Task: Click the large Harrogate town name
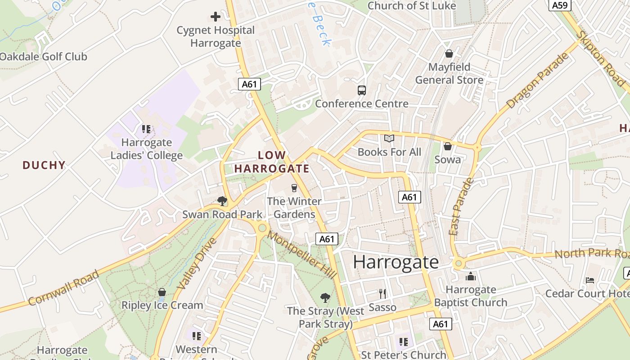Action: pyautogui.click(x=396, y=262)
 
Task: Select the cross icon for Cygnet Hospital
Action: pyautogui.click(x=216, y=17)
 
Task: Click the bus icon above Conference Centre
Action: pyautogui.click(x=361, y=90)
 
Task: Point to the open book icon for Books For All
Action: pyautogui.click(x=389, y=139)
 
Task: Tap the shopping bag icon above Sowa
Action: pyautogui.click(x=447, y=146)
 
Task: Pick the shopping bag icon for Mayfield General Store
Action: pyautogui.click(x=449, y=54)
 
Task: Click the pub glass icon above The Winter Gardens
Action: pyautogui.click(x=294, y=188)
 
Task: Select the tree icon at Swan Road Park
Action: pyautogui.click(x=222, y=201)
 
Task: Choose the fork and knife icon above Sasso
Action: pyautogui.click(x=382, y=294)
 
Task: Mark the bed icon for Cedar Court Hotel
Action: pyautogui.click(x=590, y=280)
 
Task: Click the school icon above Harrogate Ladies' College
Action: pyautogui.click(x=146, y=129)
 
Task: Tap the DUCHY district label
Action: pyautogui.click(x=44, y=165)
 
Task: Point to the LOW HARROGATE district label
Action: pyautogui.click(x=272, y=162)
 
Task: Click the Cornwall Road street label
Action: pyautogui.click(x=63, y=288)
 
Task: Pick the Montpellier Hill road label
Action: pyautogui.click(x=301, y=255)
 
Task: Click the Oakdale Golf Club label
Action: pyautogui.click(x=43, y=57)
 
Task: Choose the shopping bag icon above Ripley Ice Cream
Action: pyautogui.click(x=162, y=292)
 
